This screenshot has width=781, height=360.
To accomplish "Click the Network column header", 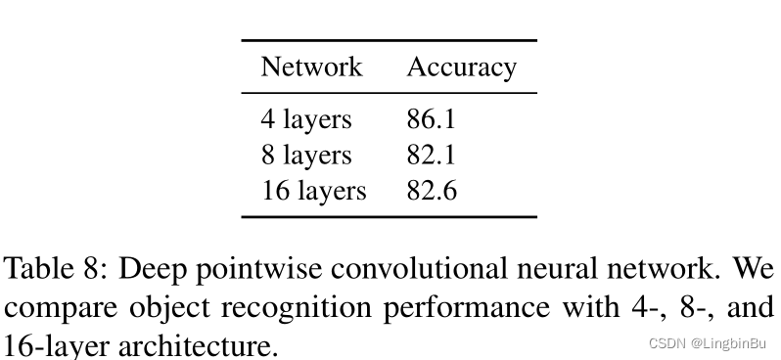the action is point(311,67).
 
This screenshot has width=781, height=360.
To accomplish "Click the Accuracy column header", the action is point(461,67).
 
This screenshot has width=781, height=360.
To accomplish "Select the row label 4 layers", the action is point(305,120).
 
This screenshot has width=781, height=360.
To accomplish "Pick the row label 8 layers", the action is point(305,156).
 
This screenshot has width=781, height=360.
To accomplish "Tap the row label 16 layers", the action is point(313,191).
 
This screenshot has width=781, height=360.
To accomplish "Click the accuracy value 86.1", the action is point(432,120).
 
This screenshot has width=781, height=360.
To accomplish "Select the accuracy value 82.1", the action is point(432,156).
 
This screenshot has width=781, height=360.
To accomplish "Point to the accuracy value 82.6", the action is point(432,191).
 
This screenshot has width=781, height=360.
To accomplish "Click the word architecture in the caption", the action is point(196,344).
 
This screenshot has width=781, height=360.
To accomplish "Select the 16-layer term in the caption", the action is point(50,344).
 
